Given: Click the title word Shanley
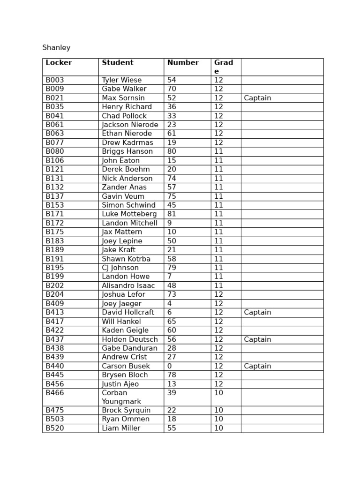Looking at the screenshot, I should point(56,48).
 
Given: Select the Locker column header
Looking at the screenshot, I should point(59,63).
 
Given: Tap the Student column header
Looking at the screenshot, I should point(118,63).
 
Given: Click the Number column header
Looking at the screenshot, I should point(183,63).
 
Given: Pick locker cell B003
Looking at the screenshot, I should point(55,80).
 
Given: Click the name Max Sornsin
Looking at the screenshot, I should point(123,98).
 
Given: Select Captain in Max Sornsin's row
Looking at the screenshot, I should point(257,98).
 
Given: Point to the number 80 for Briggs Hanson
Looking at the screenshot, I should point(172,151).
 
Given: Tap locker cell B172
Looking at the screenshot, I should point(55,223).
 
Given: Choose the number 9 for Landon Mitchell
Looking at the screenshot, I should point(170,223).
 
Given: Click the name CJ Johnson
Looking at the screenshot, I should point(120,268).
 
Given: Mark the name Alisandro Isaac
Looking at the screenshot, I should point(128,285).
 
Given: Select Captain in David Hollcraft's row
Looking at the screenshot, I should point(257,313).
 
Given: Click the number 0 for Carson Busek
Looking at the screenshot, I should point(170,366).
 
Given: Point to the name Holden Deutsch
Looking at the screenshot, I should point(130,339).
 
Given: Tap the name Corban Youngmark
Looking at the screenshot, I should point(121,397).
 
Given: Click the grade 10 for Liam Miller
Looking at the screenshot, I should point(219,428).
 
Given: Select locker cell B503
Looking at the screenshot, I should point(55,419).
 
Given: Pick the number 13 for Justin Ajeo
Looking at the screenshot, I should point(172,384).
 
